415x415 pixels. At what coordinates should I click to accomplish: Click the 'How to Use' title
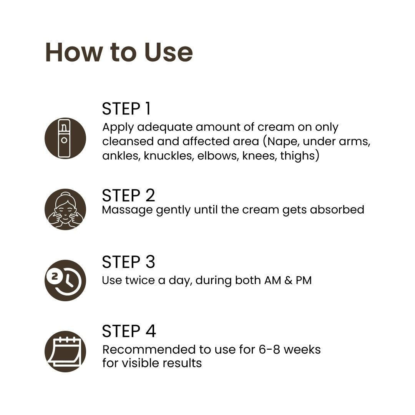[119, 52]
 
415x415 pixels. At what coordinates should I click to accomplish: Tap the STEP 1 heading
[126, 108]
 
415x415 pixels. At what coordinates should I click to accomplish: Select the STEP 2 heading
[128, 195]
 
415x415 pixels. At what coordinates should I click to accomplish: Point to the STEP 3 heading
[128, 262]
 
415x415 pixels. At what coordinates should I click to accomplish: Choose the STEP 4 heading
[129, 331]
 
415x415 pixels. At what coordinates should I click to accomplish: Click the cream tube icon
[65, 138]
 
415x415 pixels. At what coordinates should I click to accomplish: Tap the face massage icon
[65, 209]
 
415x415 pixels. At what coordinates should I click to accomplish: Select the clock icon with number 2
[65, 281]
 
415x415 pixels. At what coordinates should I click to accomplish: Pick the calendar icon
[65, 352]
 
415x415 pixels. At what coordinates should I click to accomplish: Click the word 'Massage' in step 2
[127, 211]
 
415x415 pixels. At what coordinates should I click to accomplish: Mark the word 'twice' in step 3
[140, 280]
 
